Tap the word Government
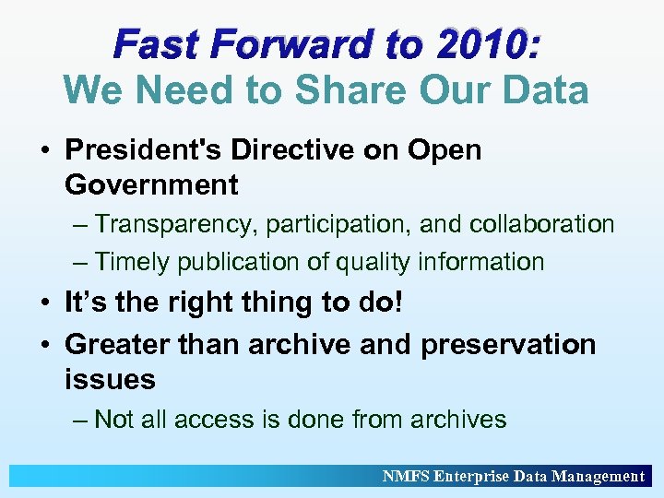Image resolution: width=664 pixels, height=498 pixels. [151, 184]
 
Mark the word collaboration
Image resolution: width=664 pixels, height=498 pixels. [541, 224]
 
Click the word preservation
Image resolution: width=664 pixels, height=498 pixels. [508, 344]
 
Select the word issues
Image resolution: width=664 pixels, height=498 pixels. [110, 379]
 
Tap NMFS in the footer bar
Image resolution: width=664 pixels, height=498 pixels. [405, 476]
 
